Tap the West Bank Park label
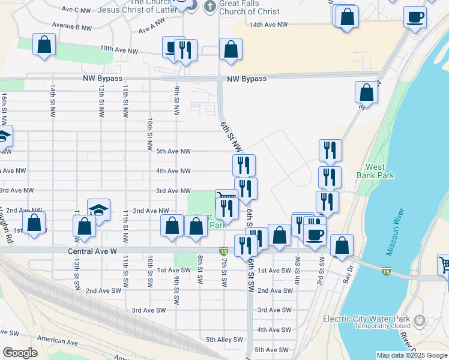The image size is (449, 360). coord(375,171)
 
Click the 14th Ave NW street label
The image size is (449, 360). coord(268,25)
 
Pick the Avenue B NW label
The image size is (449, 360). coord(71,26)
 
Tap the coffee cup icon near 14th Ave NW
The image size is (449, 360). coord(415,17)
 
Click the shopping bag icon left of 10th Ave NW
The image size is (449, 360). coord(44,44)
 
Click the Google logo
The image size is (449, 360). coord(20,353)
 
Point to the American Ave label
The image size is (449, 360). coord(58,342)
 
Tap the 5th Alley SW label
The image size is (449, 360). coord(224,339)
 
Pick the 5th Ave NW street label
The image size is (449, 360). coord(173,151)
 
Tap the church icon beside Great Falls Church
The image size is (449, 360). coord(209,7)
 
